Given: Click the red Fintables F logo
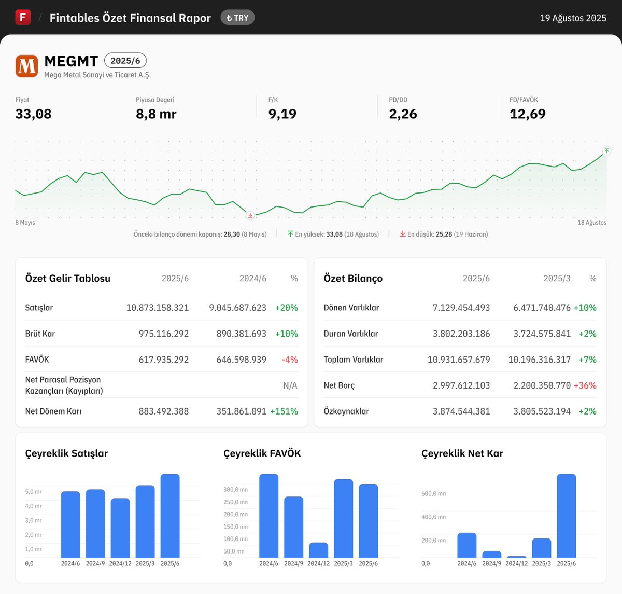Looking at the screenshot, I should [x=23, y=18].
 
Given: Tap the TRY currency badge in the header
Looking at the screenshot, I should [x=237, y=18].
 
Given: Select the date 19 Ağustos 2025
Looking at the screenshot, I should [x=573, y=18].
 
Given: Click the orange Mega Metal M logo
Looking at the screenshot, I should [x=26, y=66].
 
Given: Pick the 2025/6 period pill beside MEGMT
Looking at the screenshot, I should [x=125, y=61].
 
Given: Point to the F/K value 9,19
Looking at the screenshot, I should [x=282, y=114].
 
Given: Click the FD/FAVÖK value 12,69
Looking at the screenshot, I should [x=527, y=114].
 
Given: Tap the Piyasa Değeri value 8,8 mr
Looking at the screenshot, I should [x=156, y=114].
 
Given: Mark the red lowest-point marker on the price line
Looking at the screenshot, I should [x=250, y=215].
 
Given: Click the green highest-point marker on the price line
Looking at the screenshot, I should [x=606, y=151].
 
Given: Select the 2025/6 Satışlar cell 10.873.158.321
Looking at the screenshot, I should [x=158, y=308].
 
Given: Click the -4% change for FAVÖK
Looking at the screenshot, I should [x=290, y=360].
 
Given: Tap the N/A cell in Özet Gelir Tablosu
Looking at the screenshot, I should [x=290, y=385].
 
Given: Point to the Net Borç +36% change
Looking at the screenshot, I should [x=585, y=385].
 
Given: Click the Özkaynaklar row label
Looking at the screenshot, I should [x=346, y=411].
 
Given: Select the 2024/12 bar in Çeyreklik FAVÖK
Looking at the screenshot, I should [x=318, y=550].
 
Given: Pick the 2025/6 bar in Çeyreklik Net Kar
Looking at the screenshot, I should [x=566, y=516].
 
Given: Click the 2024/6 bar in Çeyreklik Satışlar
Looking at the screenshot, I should [x=70, y=524].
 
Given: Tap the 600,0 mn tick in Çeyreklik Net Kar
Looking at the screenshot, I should [x=433, y=494].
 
